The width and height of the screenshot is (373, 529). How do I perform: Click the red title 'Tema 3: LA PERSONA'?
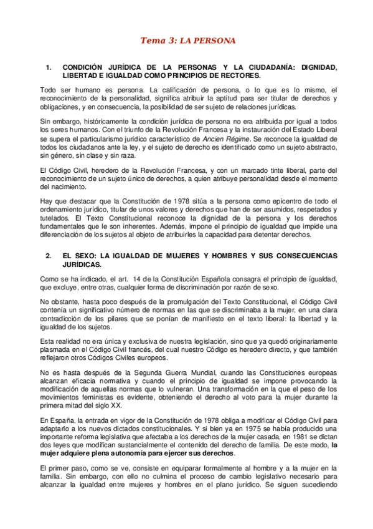click(x=187, y=41)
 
